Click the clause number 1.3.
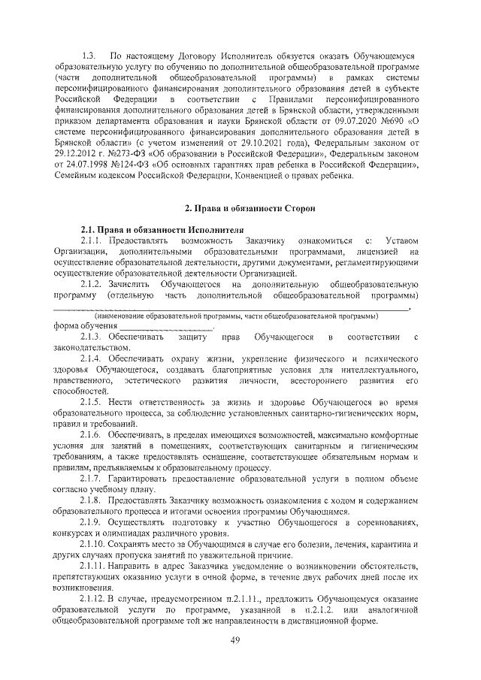tap(89, 56)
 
